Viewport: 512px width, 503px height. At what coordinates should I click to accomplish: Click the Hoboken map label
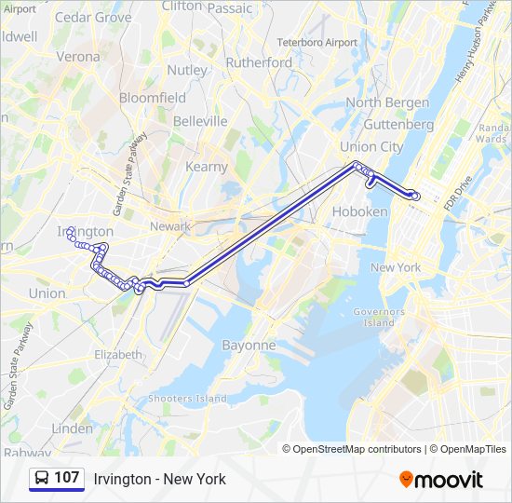tap(359, 211)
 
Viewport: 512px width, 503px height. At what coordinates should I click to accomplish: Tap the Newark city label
tap(170, 226)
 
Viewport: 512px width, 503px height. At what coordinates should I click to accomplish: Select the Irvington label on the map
tap(85, 231)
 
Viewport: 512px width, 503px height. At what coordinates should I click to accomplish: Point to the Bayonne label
tap(249, 345)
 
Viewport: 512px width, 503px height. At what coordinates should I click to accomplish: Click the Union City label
tap(371, 146)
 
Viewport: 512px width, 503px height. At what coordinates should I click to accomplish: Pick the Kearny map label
tap(206, 167)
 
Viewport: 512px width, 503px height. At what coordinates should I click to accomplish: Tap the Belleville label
tap(199, 121)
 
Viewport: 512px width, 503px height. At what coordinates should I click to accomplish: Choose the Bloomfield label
tap(153, 97)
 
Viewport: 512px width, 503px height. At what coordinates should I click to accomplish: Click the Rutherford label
tap(259, 62)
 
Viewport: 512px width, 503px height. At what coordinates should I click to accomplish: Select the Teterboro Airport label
tap(317, 43)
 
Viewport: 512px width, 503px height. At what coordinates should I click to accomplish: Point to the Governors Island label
tap(379, 317)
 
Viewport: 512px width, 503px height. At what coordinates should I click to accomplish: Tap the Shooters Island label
tap(187, 399)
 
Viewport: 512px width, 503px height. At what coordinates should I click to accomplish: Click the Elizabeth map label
tap(118, 355)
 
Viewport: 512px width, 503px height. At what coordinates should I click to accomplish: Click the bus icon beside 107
tap(42, 479)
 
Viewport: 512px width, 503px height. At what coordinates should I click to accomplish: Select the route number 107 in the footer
tap(66, 478)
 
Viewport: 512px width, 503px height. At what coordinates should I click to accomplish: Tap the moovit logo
tap(441, 480)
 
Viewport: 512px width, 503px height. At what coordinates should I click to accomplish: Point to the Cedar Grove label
tap(93, 17)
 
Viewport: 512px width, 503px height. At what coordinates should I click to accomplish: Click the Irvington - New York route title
tap(159, 479)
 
